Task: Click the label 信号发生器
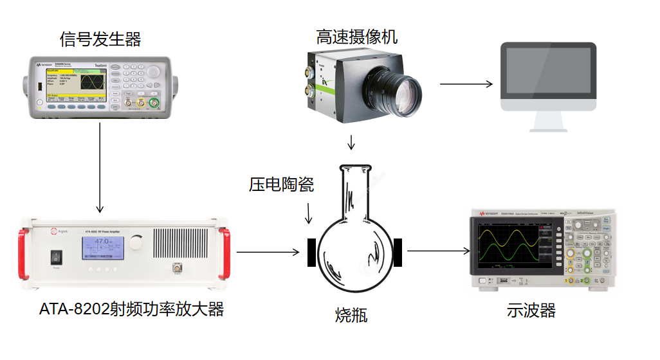pyautogui.click(x=100, y=40)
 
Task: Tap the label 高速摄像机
pyautogui.click(x=356, y=37)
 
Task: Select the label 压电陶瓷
pyautogui.click(x=281, y=186)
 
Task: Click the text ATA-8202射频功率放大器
pyautogui.click(x=131, y=310)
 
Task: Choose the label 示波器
pyautogui.click(x=531, y=311)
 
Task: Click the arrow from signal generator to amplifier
pyautogui.click(x=100, y=167)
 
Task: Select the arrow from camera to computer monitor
pyautogui.click(x=466, y=84)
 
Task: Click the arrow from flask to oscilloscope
pyautogui.click(x=437, y=252)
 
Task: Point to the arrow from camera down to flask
pyautogui.click(x=351, y=142)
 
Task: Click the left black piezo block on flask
pyautogui.click(x=311, y=252)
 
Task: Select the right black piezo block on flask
pyautogui.click(x=398, y=252)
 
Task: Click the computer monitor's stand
pyautogui.click(x=549, y=122)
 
